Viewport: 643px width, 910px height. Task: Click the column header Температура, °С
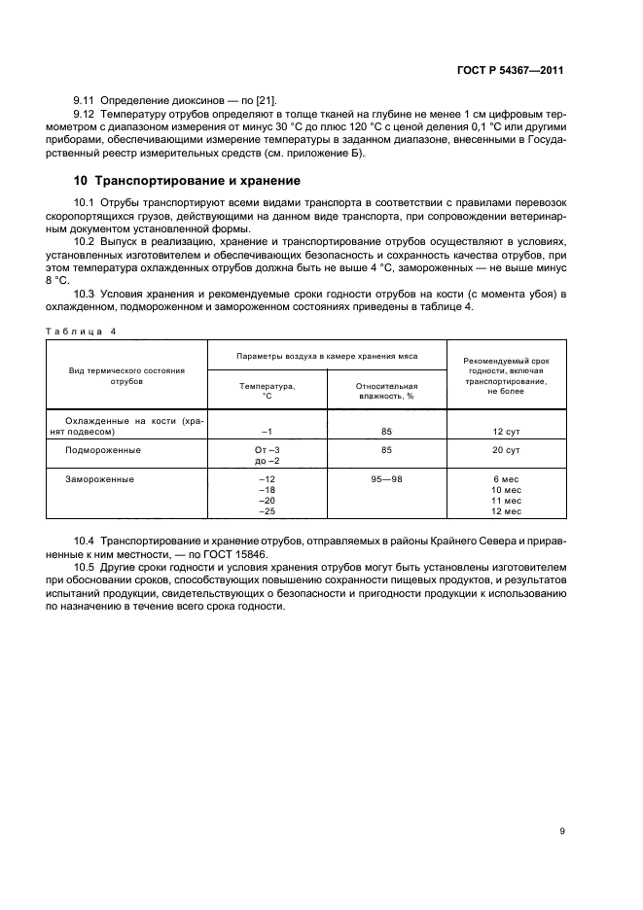click(268, 391)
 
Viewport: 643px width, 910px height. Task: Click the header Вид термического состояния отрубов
click(127, 376)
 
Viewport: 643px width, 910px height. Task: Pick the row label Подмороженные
click(103, 450)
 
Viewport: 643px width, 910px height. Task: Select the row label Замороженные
click(99, 479)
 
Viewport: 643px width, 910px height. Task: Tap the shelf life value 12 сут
click(507, 432)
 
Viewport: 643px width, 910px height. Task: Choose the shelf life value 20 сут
click(507, 450)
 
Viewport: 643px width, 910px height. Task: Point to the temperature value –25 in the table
click(267, 511)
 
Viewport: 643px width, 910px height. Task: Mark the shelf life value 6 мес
click(507, 479)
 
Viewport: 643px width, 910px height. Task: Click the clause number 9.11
click(86, 101)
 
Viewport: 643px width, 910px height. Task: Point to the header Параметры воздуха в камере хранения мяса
click(327, 356)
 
